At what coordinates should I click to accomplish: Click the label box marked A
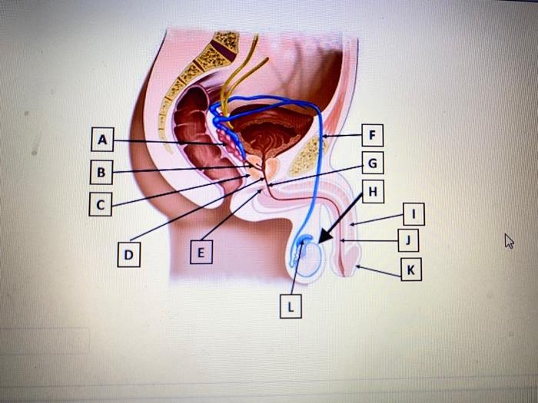[x=101, y=140]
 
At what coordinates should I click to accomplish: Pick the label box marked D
[x=129, y=253]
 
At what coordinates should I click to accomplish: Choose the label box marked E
[x=201, y=251]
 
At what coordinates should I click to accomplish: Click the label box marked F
[x=373, y=136]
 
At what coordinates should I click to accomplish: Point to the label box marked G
[x=373, y=164]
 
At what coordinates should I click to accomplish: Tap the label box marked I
[x=413, y=214]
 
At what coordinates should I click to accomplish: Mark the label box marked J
[x=410, y=241]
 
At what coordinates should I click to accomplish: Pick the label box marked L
[x=290, y=306]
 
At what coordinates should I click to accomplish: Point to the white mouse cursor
[x=508, y=241]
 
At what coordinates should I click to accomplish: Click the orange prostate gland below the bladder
[x=271, y=167]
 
